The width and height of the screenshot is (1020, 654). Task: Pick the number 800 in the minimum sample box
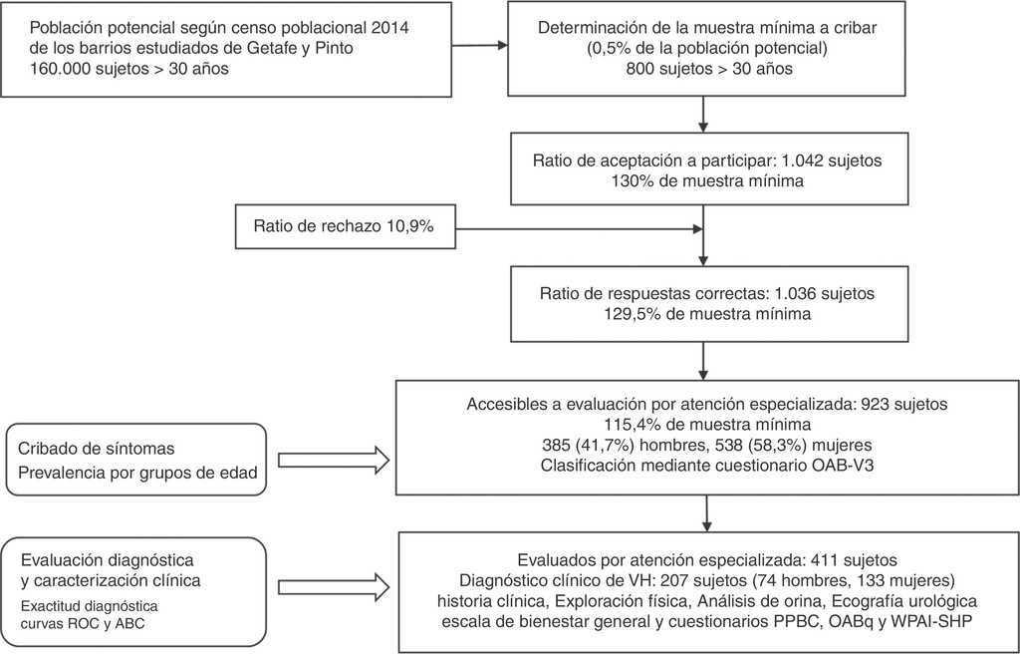coord(642,70)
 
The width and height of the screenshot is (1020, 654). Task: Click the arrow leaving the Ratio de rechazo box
coord(578,228)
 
